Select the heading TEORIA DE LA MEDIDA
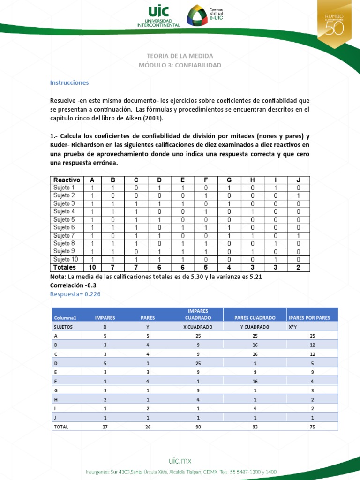pyautogui.click(x=180, y=56)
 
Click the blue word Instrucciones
pyautogui.click(x=69, y=82)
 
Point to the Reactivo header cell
pyautogui.click(x=67, y=180)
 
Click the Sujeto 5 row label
pyautogui.click(x=64, y=219)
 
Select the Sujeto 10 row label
pyautogui.click(x=66, y=259)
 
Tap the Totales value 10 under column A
pyautogui.click(x=92, y=267)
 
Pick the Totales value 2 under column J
pyautogui.click(x=298, y=267)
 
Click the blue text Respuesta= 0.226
pyautogui.click(x=75, y=294)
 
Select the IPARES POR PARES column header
pyautogui.click(x=309, y=317)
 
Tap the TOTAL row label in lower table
pyautogui.click(x=61, y=427)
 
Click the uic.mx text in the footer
pyautogui.click(x=180, y=460)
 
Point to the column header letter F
pyautogui.click(x=206, y=180)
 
